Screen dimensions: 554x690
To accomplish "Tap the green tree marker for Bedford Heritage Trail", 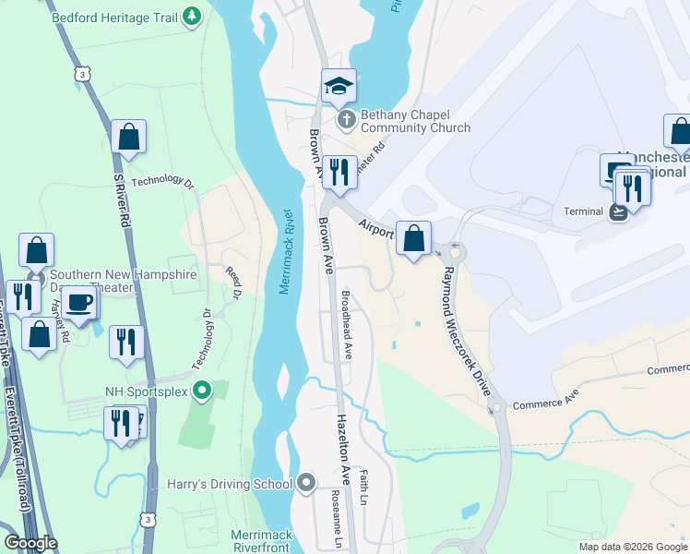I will coord(192,17).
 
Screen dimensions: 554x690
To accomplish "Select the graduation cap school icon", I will coord(339,86).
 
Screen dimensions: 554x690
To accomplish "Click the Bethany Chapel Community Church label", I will coord(415,121).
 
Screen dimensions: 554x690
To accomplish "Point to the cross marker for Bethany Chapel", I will coord(346,119).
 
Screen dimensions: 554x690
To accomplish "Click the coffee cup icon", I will coord(80,303).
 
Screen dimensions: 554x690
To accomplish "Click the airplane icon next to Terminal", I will coord(617,211).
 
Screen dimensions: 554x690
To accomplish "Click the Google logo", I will coord(30,543).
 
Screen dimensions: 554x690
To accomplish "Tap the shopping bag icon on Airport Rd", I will coord(415,238).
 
